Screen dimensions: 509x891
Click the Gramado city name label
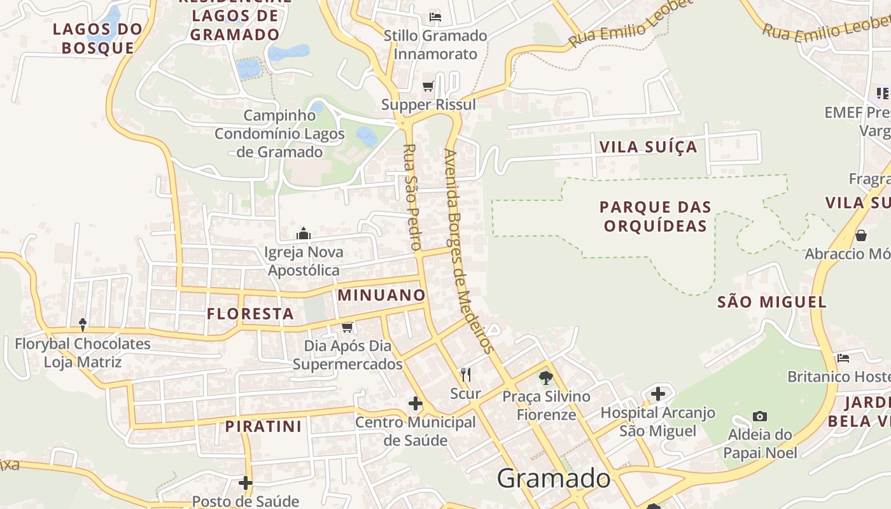(554, 478)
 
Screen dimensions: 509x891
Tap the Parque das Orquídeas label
(655, 216)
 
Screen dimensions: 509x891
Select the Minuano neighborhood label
(381, 295)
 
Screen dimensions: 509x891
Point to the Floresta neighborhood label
(250, 314)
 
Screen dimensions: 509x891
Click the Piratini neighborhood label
(263, 426)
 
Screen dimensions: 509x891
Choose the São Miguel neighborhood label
(772, 302)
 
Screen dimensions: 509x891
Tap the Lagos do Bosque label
(98, 38)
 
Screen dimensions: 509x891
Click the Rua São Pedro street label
(412, 197)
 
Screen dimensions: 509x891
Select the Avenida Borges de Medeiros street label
(468, 251)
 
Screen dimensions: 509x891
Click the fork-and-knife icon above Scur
(466, 374)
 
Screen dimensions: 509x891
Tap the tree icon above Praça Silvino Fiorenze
(545, 377)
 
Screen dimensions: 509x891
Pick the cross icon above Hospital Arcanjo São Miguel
(658, 394)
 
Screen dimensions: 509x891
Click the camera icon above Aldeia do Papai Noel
(759, 416)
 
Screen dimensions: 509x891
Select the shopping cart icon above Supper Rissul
(428, 86)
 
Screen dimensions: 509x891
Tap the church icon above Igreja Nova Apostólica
(304, 234)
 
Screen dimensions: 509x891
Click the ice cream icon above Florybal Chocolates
(83, 325)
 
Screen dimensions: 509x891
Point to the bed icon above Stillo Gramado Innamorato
(435, 17)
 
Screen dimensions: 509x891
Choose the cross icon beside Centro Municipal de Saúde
(415, 403)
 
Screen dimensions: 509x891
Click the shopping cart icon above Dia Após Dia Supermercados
(347, 327)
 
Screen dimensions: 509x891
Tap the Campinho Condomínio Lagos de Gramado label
(279, 134)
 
